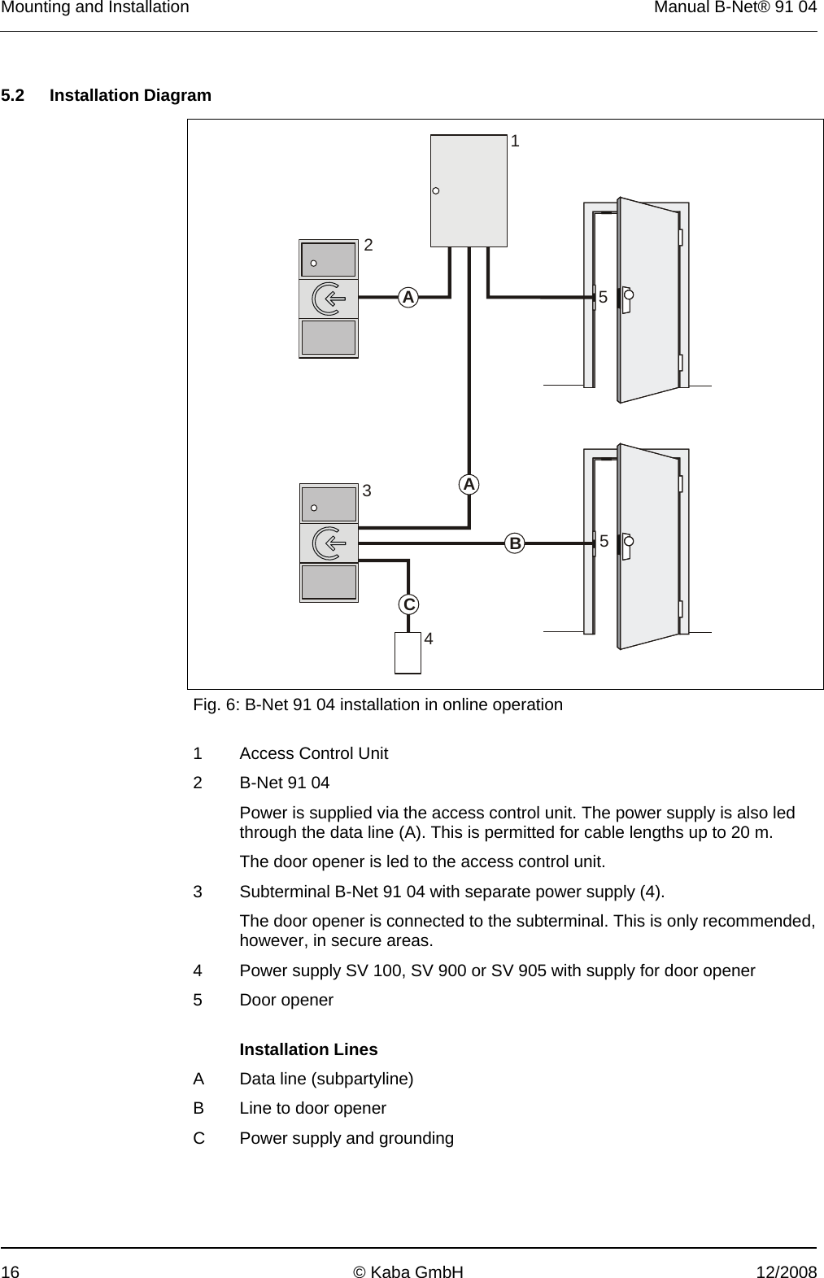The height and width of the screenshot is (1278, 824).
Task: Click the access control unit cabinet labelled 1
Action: [469, 190]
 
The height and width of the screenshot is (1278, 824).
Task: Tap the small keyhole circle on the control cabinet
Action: [436, 191]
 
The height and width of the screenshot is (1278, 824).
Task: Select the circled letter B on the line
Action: [514, 543]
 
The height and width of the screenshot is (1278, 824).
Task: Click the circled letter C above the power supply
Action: [409, 604]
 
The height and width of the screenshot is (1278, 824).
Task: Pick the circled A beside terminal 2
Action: [408, 297]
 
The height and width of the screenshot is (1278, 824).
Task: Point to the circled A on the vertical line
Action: [469, 484]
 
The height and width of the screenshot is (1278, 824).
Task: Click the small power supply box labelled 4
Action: [408, 653]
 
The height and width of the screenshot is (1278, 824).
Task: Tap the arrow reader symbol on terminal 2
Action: [329, 298]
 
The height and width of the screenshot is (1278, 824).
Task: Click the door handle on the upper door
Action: [627, 297]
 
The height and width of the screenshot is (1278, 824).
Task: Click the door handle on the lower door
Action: [627, 543]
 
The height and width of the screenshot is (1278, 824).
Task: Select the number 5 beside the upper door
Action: [603, 297]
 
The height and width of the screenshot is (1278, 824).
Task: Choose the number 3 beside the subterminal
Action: [367, 491]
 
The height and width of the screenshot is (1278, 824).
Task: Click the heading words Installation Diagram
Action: [130, 95]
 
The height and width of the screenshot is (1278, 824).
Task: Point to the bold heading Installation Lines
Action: [308, 1049]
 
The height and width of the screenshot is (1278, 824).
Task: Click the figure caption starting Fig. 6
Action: [377, 704]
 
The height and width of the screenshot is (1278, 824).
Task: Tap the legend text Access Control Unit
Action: [314, 753]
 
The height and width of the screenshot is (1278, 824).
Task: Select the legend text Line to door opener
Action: [313, 1108]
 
